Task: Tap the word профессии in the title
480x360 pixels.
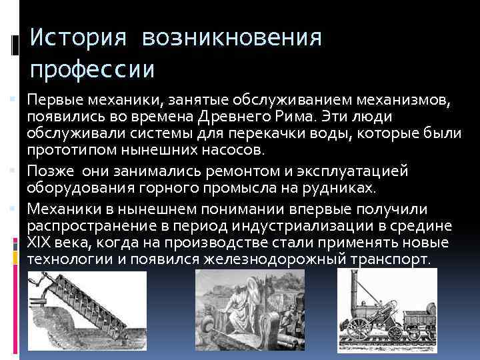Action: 93,68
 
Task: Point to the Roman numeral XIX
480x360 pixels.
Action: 39,243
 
